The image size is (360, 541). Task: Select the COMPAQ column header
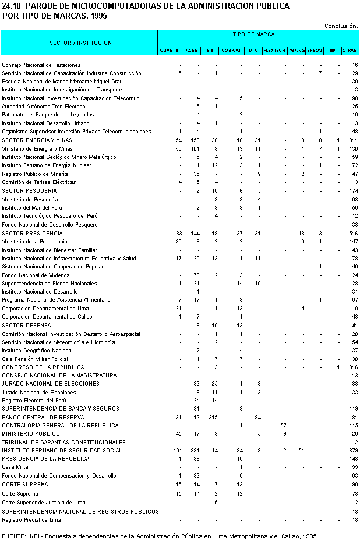[231, 51]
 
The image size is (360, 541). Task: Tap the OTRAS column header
[350, 51]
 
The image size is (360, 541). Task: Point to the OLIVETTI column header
[170, 51]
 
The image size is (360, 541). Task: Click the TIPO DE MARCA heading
[257, 35]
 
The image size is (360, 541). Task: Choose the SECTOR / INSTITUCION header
[80, 43]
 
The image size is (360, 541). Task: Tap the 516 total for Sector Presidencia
[353, 233]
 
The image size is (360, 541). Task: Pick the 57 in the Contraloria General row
[283, 426]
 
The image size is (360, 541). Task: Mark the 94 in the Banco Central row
[257, 417]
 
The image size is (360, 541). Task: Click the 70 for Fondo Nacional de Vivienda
[197, 275]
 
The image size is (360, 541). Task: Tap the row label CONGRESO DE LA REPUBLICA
[43, 367]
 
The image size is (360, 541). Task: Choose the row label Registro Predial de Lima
[31, 519]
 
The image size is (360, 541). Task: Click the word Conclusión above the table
[341, 26]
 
